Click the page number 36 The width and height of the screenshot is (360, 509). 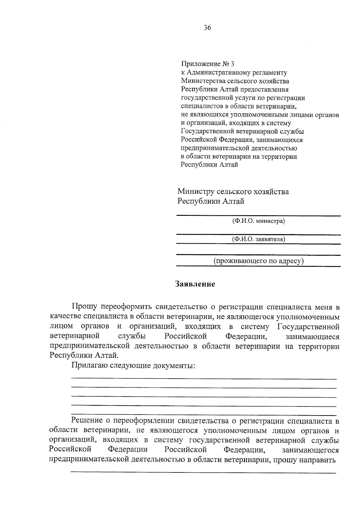(207, 28)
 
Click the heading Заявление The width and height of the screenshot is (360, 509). (195, 284)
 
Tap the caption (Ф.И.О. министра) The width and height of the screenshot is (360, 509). (258, 221)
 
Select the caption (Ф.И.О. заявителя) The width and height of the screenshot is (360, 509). (258, 239)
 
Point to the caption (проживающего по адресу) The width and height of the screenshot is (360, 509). (258, 261)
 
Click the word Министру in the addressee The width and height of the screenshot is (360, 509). (196, 192)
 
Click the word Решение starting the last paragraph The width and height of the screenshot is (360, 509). (89, 421)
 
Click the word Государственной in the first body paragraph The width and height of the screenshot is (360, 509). (308, 326)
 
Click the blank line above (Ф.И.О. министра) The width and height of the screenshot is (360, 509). (258, 215)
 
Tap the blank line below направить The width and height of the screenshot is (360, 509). (203, 473)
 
